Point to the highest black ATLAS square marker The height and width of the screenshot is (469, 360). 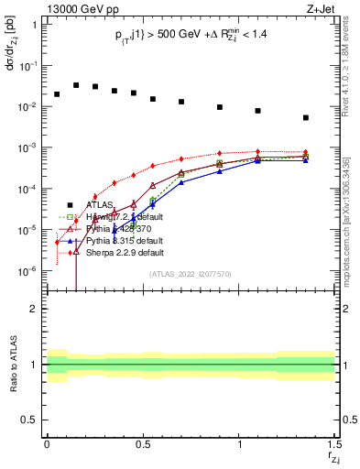click(76, 85)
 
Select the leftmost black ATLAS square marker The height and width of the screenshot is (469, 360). click(57, 94)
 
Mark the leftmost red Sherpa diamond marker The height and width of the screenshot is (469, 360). click(57, 243)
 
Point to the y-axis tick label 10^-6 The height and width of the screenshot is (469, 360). click(27, 271)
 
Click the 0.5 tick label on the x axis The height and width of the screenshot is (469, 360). click(142, 445)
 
